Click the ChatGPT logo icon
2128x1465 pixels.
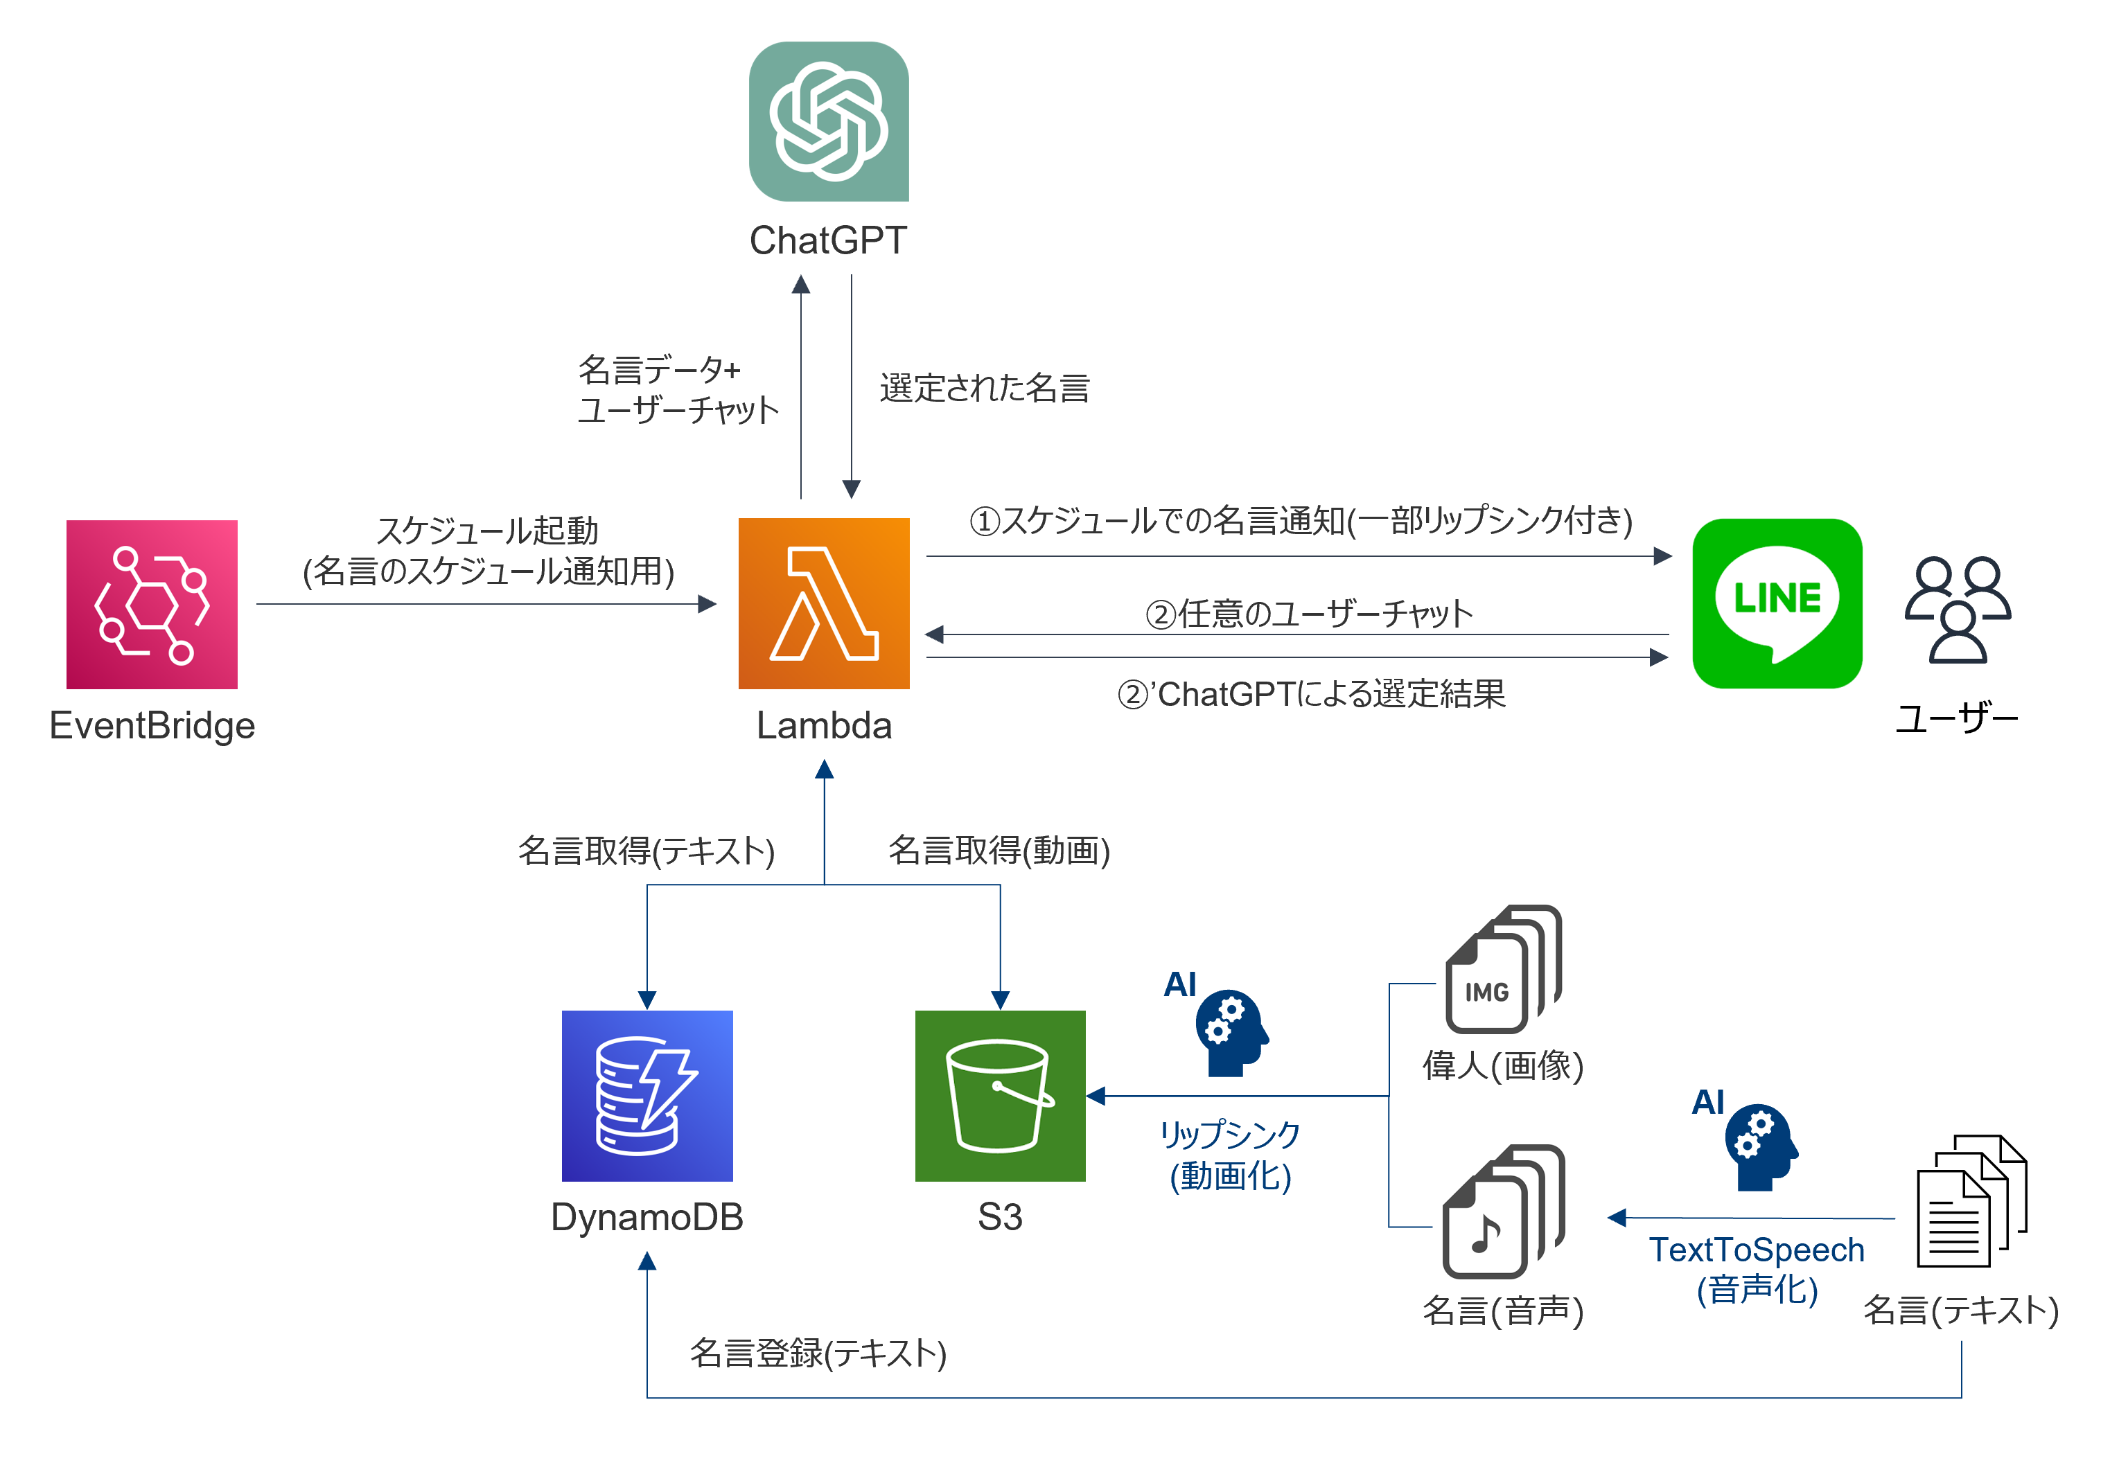[x=828, y=121]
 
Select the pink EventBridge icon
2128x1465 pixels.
[x=152, y=604]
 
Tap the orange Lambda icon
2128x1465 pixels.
[x=823, y=603]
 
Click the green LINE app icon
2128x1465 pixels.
[x=1777, y=603]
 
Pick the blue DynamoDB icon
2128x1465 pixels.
[x=647, y=1095]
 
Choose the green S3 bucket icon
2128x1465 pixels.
[x=1000, y=1095]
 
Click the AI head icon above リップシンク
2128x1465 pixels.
[x=1230, y=1031]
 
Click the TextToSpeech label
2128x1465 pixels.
[x=1755, y=1250]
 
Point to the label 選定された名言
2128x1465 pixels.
[x=983, y=389]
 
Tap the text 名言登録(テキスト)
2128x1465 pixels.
[x=817, y=1353]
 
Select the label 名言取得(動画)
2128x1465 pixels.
[x=998, y=850]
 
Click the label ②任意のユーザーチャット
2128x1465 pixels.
[x=1308, y=613]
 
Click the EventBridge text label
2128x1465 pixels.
[x=152, y=725]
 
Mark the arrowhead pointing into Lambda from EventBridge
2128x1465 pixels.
[x=707, y=604]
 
